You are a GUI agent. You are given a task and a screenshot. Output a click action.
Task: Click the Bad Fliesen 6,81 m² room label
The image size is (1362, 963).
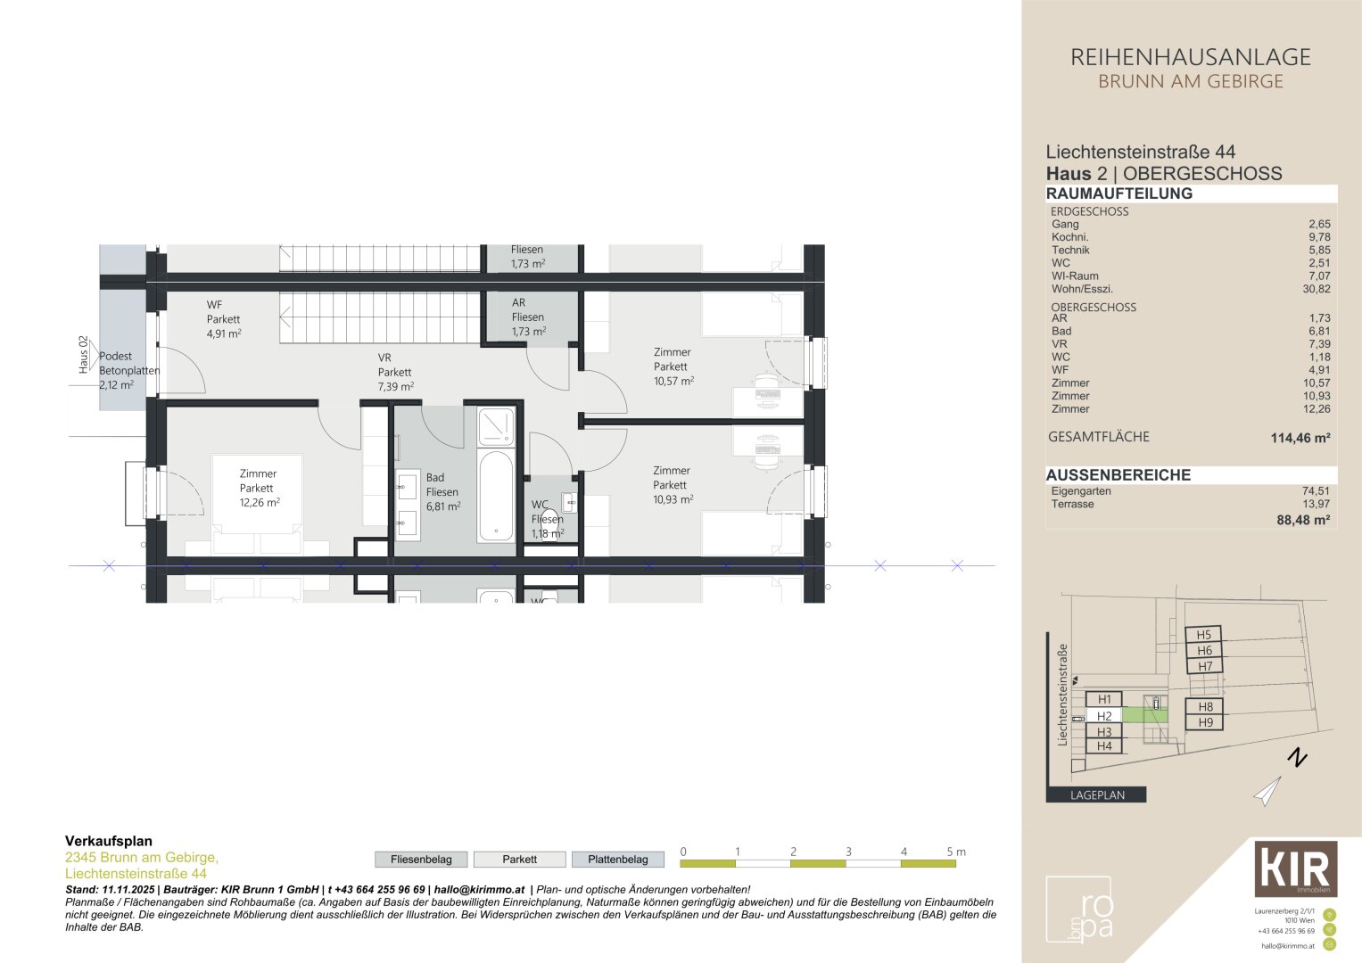[442, 491]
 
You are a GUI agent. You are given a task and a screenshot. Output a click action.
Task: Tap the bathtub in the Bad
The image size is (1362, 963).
[495, 496]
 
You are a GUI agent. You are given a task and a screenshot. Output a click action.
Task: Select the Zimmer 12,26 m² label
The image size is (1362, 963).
[259, 488]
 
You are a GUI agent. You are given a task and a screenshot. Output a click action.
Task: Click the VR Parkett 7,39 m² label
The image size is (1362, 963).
[394, 372]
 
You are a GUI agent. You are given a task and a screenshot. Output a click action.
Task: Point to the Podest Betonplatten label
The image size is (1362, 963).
[128, 370]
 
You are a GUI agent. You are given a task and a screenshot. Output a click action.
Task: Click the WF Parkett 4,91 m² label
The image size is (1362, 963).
[223, 318]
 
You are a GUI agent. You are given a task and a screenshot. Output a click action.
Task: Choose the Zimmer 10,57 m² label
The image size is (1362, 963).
[673, 366]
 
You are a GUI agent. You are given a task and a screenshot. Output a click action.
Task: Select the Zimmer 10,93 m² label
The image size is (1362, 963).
[673, 485]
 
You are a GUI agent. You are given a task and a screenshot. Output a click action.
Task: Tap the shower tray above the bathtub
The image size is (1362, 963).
[496, 426]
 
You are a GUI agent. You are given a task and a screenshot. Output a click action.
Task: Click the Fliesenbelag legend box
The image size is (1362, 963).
[421, 860]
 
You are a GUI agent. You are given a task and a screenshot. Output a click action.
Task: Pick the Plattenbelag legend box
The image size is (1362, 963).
[618, 860]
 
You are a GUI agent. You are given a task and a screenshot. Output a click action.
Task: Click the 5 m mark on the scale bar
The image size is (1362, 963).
[954, 852]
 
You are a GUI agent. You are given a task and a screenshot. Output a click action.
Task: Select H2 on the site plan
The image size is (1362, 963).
[1104, 716]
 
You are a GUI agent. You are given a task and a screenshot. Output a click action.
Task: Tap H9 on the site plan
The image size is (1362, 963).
[1205, 722]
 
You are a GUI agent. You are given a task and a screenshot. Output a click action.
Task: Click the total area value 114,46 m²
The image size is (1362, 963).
[1300, 438]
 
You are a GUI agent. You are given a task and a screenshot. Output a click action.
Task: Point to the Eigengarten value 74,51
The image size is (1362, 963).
[1316, 491]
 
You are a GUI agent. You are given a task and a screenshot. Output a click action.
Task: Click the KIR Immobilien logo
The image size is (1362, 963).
[1295, 868]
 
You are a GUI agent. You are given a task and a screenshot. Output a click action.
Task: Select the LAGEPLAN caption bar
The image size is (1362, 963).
[1096, 794]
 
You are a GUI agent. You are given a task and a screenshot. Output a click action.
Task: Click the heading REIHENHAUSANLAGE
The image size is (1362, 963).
[1190, 58]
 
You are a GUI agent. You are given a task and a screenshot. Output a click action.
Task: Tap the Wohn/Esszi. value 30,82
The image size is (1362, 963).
[1316, 289]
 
